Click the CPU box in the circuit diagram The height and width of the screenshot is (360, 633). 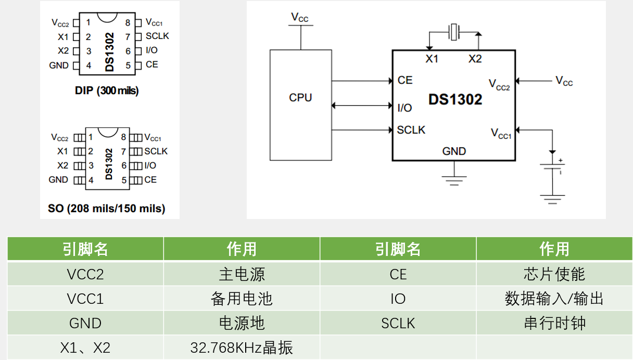coord(300,104)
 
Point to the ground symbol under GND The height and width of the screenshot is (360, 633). coord(454,180)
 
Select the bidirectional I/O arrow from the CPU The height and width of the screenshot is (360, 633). coord(362,106)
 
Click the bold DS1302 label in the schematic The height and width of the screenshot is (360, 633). coord(455,99)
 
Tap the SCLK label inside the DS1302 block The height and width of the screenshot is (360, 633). coord(411,130)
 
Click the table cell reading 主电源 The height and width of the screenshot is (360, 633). coord(242,274)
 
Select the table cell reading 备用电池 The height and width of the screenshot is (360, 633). coord(242,299)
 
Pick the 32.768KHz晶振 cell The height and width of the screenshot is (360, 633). coord(242,348)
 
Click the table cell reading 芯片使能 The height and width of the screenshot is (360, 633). coord(554,274)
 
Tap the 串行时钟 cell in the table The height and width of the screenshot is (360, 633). coord(554,323)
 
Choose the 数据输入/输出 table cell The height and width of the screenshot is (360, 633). coord(554,299)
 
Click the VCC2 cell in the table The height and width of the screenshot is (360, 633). coord(85,274)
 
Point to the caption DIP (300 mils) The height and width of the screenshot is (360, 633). coord(107,91)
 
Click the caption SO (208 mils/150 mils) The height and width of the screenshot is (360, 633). coord(106,209)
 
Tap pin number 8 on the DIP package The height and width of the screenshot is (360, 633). coord(128,23)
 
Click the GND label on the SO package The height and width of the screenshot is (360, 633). coord(58,179)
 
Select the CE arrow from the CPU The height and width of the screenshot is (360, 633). coord(362,81)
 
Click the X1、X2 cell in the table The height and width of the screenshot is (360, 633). coord(85,348)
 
